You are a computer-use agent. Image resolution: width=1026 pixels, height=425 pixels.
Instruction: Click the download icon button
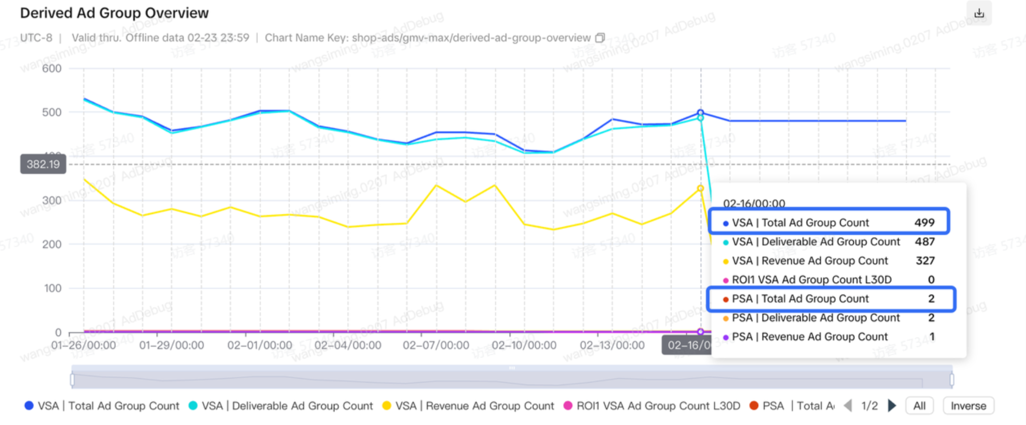coord(978,13)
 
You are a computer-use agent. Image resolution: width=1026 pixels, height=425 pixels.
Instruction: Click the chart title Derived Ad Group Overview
coord(114,13)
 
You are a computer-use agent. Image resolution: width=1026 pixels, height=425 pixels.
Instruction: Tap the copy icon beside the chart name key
coord(600,38)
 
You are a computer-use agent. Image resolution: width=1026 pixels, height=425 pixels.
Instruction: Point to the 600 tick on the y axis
coord(51,68)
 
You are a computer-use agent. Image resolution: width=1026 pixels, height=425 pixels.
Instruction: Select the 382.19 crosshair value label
coord(43,164)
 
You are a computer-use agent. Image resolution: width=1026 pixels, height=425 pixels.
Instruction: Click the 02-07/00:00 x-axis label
coord(436,345)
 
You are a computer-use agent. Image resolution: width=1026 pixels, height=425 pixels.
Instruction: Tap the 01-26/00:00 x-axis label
coord(83,345)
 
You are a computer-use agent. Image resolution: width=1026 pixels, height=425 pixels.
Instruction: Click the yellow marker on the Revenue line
coord(700,189)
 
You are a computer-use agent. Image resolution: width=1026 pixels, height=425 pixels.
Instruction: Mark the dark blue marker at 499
coord(700,113)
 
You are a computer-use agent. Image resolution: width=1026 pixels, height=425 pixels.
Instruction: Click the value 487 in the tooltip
coord(924,242)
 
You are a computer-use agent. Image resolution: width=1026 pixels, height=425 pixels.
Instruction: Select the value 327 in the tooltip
coord(925,261)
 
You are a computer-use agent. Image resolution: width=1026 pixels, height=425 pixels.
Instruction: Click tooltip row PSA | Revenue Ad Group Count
coord(809,337)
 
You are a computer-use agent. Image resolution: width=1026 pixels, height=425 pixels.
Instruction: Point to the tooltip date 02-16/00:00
coord(754,203)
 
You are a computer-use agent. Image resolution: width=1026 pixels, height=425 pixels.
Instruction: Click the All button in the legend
coord(919,406)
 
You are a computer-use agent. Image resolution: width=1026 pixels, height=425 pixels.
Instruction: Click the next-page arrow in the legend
coord(892,406)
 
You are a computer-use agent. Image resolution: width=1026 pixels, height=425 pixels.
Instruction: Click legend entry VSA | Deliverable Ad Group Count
coord(281,406)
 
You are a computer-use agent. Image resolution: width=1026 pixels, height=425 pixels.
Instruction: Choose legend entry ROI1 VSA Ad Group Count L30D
coord(652,406)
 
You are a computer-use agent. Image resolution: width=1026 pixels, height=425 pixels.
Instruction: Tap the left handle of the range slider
coord(73,379)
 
